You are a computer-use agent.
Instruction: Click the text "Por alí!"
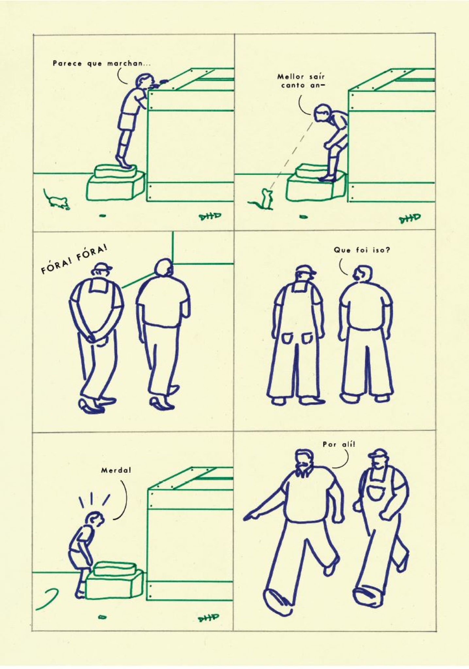coord(339,444)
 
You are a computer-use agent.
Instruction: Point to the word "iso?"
coord(381,250)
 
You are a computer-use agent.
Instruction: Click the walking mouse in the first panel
coord(56,199)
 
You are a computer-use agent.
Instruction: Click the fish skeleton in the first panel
coord(210,216)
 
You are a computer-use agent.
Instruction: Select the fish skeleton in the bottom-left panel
coord(208,618)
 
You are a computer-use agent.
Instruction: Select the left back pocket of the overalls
coord(288,338)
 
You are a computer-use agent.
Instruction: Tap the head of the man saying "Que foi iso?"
coord(362,273)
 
